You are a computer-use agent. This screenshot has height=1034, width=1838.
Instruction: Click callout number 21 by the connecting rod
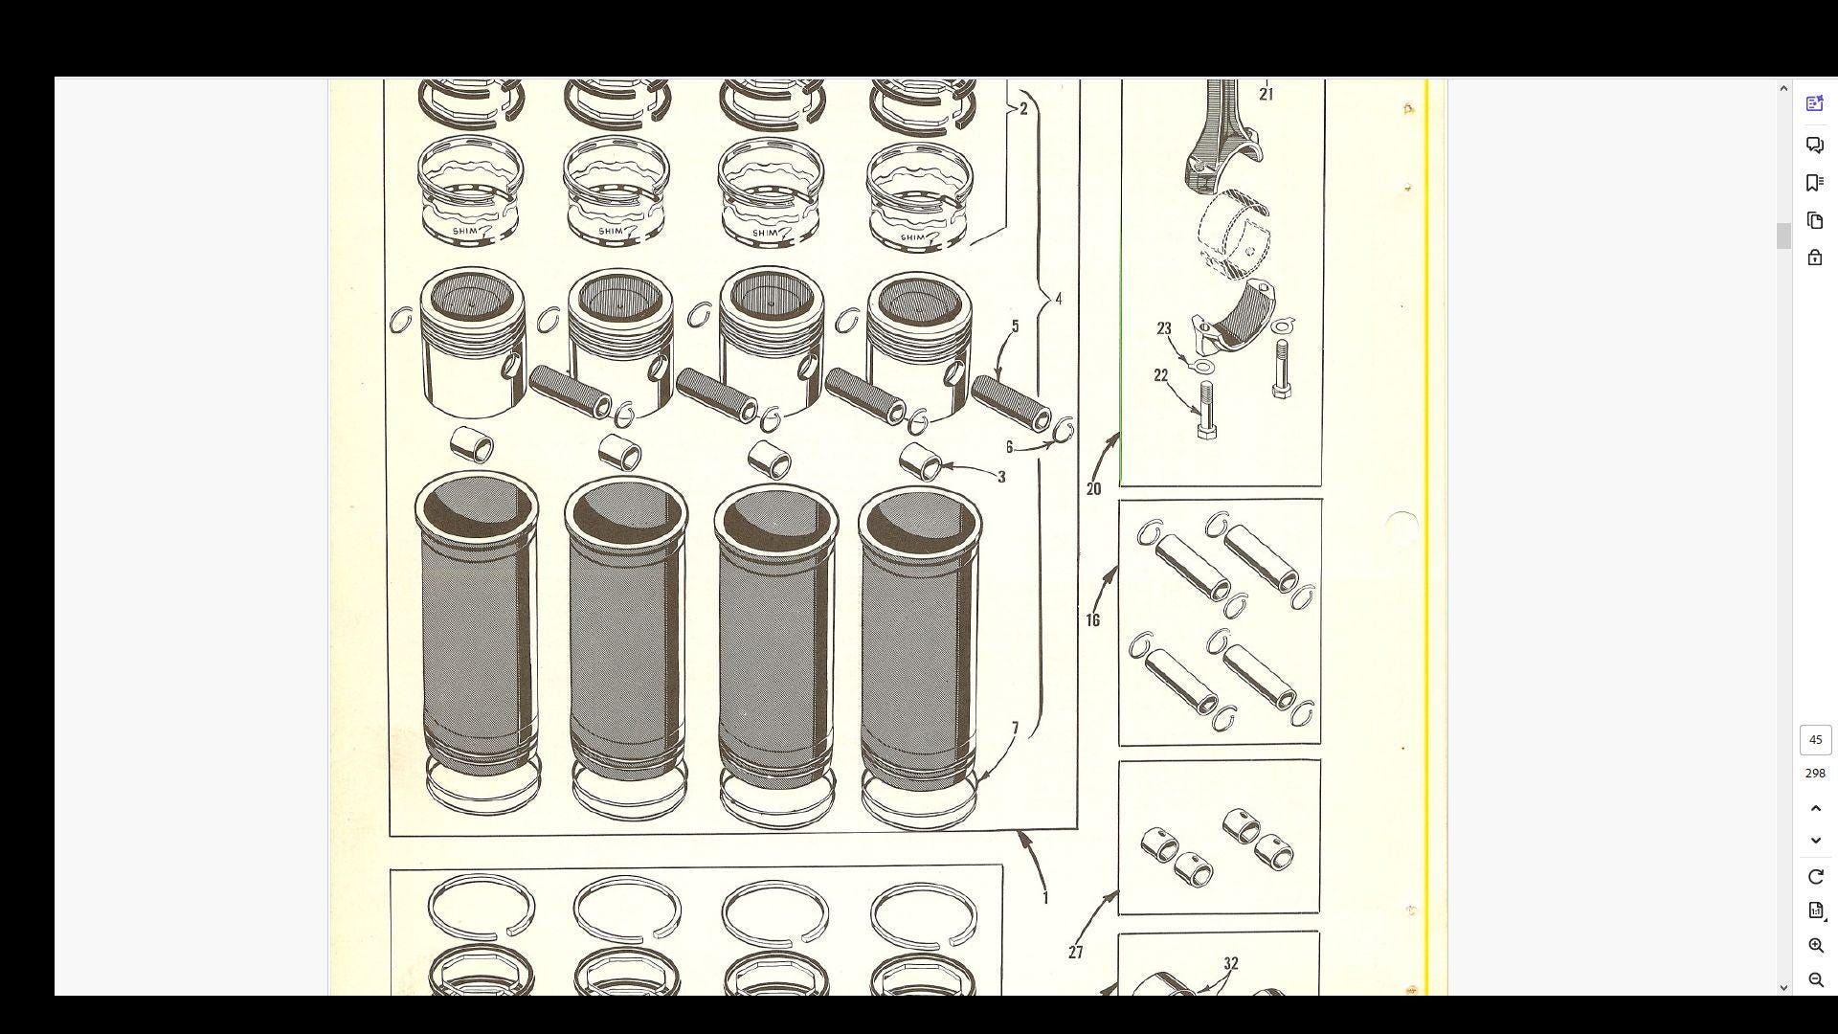tap(1266, 94)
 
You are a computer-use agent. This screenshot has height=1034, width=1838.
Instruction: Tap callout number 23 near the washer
tap(1164, 328)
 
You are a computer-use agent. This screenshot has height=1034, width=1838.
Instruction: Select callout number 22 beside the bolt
tap(1161, 375)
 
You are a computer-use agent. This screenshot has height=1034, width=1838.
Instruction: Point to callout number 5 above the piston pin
tap(1016, 326)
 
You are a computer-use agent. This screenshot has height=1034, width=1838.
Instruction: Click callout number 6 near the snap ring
tap(1009, 447)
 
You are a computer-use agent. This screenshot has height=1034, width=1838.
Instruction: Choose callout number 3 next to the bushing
tap(1001, 477)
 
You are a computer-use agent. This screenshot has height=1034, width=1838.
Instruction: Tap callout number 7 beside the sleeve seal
tap(1016, 729)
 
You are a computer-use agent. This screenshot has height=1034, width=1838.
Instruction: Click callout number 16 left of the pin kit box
tap(1093, 620)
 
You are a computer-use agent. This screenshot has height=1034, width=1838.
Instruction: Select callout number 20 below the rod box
tap(1094, 489)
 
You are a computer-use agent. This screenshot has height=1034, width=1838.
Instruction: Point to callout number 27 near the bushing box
tap(1076, 953)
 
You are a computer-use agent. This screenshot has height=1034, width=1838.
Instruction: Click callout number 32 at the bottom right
tap(1231, 964)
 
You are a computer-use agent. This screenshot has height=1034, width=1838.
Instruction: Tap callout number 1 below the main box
tap(1045, 898)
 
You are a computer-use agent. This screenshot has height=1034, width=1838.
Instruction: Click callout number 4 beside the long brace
tap(1059, 299)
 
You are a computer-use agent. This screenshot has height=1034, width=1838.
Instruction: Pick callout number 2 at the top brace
tap(1023, 109)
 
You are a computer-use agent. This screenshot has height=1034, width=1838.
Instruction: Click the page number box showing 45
tap(1815, 740)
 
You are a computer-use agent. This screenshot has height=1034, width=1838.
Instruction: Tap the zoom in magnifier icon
tap(1815, 946)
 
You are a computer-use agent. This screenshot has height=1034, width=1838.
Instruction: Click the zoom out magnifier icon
tap(1815, 979)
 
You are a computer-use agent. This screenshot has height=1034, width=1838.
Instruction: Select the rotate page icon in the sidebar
tap(1815, 877)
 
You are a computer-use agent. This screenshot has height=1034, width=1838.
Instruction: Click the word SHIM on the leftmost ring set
tap(464, 231)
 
